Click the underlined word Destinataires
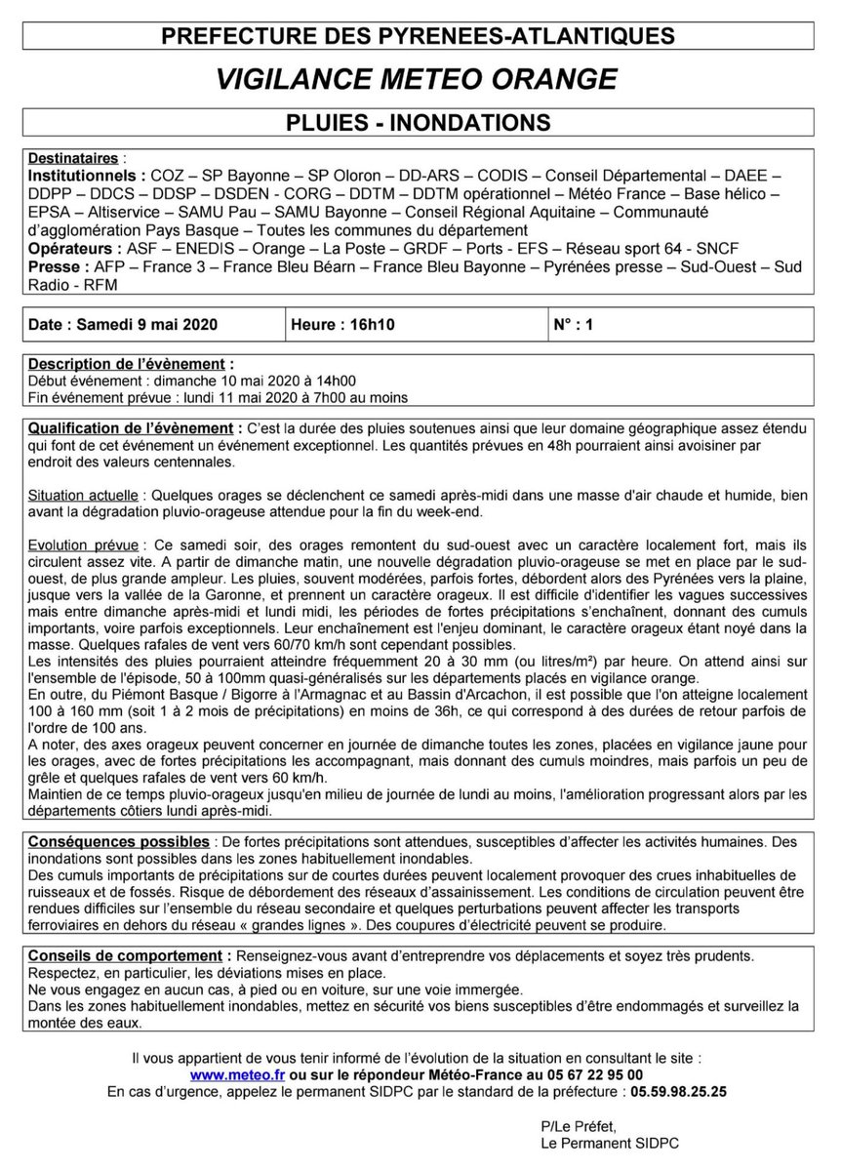(x=71, y=158)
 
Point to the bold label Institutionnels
(x=86, y=176)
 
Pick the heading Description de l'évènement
(x=131, y=365)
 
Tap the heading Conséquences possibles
(x=118, y=841)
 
